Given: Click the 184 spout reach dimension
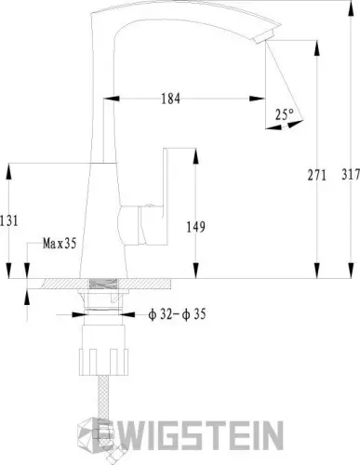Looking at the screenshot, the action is (170, 99).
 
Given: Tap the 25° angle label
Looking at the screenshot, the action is (285, 114).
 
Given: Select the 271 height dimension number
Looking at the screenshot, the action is (317, 175).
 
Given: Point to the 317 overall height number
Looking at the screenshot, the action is (351, 174).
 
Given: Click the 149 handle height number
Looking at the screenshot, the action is (195, 227).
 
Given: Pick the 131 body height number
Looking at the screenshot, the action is (9, 220).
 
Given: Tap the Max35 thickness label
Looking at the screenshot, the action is (60, 244).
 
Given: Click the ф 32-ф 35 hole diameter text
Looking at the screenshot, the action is (177, 314).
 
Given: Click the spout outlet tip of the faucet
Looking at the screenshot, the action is (262, 37).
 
